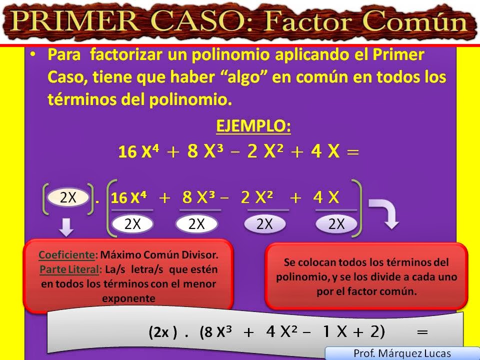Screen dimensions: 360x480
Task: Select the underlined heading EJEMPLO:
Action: coord(253,126)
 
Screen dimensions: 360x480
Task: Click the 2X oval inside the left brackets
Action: coord(68,197)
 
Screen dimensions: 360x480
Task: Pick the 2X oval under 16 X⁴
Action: coord(132,224)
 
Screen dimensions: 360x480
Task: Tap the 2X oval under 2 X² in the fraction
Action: coord(264,224)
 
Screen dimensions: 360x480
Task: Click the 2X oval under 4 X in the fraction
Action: coord(336,224)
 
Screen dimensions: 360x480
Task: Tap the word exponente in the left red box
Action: coord(128,299)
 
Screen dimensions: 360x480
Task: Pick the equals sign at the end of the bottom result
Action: coord(422,331)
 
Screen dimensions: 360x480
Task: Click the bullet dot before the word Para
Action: coord(33,54)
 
